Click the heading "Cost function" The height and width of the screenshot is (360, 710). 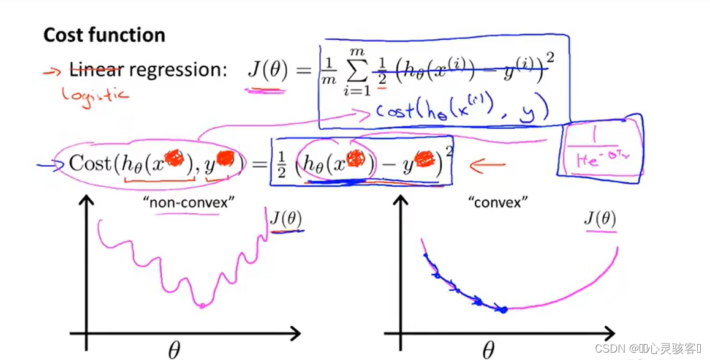[104, 35]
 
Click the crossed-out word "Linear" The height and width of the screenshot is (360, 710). [97, 70]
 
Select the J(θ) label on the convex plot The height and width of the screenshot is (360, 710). [600, 219]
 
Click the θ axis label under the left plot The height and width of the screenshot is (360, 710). [175, 350]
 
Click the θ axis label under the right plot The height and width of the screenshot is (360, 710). [488, 350]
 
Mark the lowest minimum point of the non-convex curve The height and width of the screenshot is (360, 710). [202, 304]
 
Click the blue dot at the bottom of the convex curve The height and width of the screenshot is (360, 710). [503, 310]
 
